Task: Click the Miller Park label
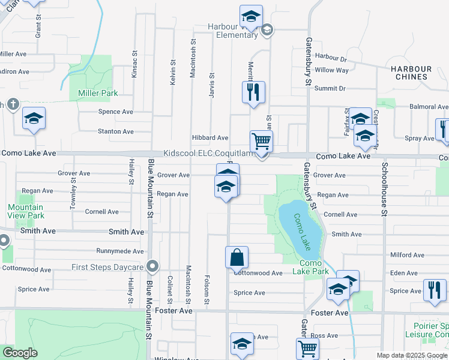point(97,93)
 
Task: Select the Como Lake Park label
point(311,267)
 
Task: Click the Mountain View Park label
point(26,211)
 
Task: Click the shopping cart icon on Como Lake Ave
point(261,142)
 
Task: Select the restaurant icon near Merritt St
point(253,92)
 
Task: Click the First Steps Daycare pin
point(153,266)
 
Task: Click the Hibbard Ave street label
point(210,138)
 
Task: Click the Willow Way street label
point(331,70)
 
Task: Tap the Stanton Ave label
point(116,131)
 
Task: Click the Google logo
point(20,353)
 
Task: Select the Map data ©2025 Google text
point(412,355)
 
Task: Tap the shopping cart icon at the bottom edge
point(307,348)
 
